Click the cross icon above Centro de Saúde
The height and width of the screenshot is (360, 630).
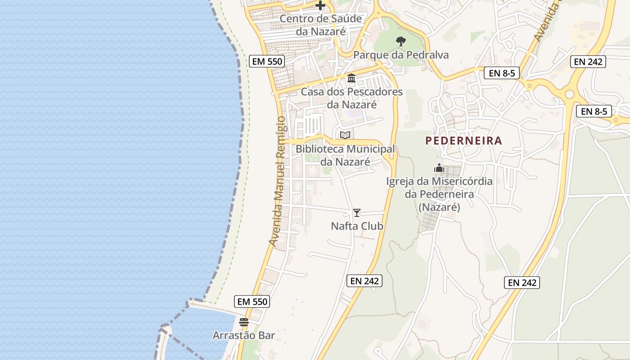(320, 5)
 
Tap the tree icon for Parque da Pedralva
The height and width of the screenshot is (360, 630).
(400, 41)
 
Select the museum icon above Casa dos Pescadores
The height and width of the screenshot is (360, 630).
(351, 78)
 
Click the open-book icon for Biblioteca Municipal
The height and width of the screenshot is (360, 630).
(345, 135)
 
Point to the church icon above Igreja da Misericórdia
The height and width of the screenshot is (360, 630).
(439, 168)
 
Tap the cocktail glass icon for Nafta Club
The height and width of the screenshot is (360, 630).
(357, 213)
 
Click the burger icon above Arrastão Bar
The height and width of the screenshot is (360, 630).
(244, 322)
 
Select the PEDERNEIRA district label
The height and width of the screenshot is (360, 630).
(463, 140)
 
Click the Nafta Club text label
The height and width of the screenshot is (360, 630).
(357, 226)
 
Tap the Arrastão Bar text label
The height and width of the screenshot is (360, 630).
(243, 336)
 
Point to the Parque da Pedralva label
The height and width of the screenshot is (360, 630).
(400, 55)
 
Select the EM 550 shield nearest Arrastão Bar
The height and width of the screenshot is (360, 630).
(252, 301)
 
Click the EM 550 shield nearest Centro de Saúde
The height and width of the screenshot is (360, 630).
(267, 61)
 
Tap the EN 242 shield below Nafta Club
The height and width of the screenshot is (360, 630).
(365, 281)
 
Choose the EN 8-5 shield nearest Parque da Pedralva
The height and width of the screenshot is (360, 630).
(501, 73)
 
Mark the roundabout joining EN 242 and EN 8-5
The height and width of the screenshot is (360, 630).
(570, 94)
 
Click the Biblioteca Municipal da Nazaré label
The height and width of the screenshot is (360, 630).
(345, 155)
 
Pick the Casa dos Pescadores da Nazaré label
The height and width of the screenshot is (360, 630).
(351, 98)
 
